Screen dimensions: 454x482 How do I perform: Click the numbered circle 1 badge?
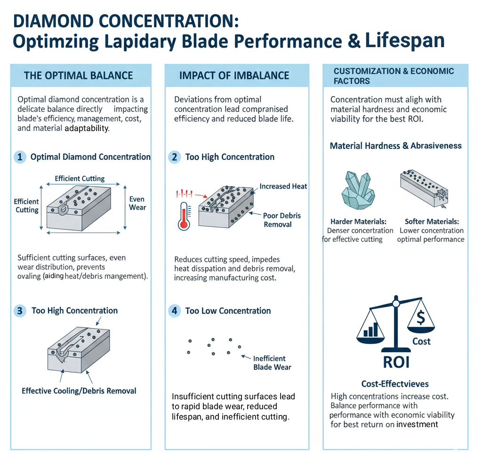click(20, 157)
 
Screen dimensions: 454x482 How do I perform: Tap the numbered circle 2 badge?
click(174, 157)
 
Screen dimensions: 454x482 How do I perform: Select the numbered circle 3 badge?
click(20, 311)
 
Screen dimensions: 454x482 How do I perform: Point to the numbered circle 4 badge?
click(174, 311)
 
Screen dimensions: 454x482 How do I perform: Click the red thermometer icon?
click(184, 215)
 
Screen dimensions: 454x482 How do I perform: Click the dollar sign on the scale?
click(421, 318)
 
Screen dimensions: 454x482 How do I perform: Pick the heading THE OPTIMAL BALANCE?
click(78, 75)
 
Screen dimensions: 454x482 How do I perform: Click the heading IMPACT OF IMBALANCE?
click(234, 75)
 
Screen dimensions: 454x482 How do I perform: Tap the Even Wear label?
click(137, 203)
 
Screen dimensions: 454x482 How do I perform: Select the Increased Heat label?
click(283, 186)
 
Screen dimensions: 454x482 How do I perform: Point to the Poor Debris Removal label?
click(281, 220)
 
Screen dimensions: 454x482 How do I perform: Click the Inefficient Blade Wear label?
click(272, 363)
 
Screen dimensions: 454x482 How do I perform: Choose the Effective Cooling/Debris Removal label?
click(79, 391)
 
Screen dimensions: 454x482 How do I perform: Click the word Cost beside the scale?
click(421, 341)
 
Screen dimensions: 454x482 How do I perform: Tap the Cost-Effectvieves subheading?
click(395, 384)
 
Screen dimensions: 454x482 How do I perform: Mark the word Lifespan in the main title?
click(405, 40)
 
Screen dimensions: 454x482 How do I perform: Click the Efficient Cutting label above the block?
click(80, 179)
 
